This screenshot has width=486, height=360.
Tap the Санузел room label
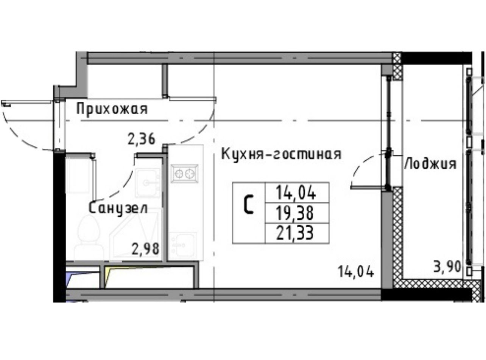(118, 208)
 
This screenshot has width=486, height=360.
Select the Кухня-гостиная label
(281, 154)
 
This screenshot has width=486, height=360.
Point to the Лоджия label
(430, 164)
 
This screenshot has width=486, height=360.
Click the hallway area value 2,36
(141, 139)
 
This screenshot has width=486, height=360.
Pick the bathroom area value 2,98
(145, 249)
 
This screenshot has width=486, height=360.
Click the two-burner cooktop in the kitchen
(185, 174)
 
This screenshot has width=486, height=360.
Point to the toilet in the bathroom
(89, 238)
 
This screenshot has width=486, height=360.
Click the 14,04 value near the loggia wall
(356, 272)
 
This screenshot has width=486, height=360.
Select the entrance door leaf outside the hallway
(27, 102)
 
